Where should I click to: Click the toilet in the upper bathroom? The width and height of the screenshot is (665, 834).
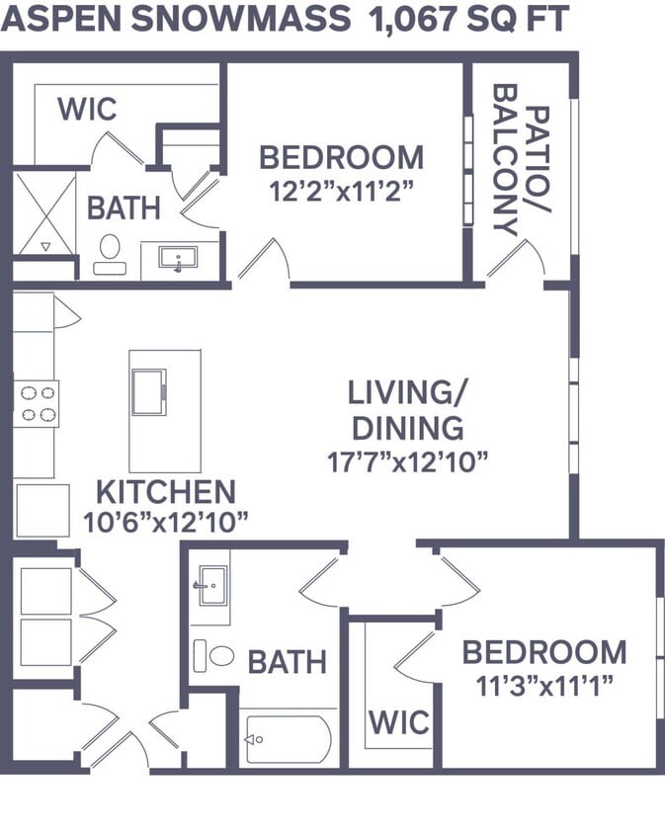pyautogui.click(x=109, y=252)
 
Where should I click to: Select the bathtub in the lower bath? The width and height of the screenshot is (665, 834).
pyautogui.click(x=288, y=738)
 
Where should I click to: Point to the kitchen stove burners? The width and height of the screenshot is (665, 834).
pyautogui.click(x=37, y=403)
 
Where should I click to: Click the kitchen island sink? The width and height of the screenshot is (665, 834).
pyautogui.click(x=149, y=391)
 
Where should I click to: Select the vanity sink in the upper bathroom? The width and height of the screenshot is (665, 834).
pyautogui.click(x=178, y=259)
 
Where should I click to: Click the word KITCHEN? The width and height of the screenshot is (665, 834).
pyautogui.click(x=165, y=491)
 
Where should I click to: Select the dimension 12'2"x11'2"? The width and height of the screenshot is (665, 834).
pyautogui.click(x=341, y=191)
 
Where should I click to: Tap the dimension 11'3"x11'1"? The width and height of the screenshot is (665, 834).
pyautogui.click(x=544, y=683)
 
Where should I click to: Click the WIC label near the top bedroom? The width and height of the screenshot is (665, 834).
pyautogui.click(x=87, y=108)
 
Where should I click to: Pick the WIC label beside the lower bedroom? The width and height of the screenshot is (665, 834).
pyautogui.click(x=399, y=721)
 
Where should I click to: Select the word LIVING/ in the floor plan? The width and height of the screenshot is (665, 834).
pyautogui.click(x=406, y=392)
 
